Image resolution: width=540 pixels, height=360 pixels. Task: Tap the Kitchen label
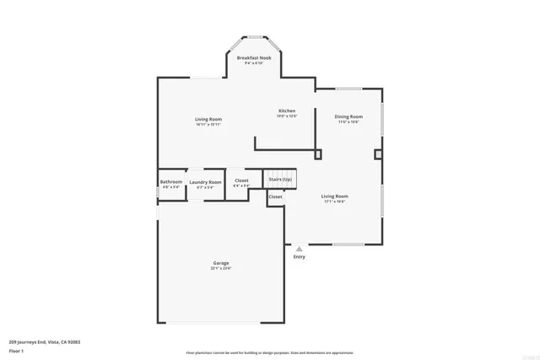click(288, 110)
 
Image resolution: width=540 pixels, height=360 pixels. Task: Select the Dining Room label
click(348, 116)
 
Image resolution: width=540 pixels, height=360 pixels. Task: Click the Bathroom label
click(171, 181)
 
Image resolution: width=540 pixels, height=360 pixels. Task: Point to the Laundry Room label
click(205, 182)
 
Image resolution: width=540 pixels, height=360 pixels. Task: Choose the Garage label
click(221, 263)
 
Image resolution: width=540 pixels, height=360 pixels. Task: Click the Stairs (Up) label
click(281, 180)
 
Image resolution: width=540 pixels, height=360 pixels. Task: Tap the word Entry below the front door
click(299, 257)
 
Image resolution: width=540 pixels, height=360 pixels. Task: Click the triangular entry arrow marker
click(299, 250)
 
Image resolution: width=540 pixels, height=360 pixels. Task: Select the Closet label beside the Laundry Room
click(241, 180)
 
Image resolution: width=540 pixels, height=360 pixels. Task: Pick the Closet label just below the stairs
click(276, 196)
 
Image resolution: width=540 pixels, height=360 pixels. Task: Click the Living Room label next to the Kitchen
click(208, 120)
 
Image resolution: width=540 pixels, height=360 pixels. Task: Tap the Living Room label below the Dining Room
click(335, 196)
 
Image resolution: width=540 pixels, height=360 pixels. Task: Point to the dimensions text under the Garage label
click(221, 269)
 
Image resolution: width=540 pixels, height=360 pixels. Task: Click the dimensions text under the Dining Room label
click(348, 122)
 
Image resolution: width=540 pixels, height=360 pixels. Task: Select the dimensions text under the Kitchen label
click(288, 116)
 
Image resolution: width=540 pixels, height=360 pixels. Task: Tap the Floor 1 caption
click(17, 349)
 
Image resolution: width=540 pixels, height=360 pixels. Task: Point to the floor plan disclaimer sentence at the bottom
click(269, 352)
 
